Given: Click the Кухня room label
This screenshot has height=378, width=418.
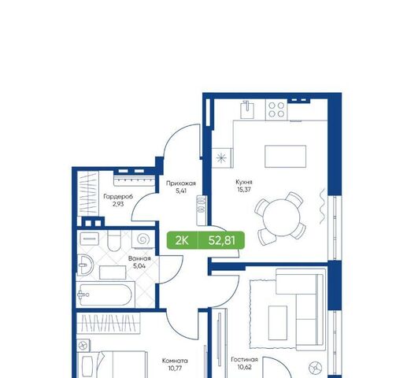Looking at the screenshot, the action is coord(244,182).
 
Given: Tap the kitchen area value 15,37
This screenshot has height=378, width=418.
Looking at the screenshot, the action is coord(244,190).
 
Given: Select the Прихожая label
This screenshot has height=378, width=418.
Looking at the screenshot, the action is coord(181,183).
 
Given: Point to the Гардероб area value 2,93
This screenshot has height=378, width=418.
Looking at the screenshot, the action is coord(118,204).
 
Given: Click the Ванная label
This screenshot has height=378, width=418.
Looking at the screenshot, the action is coord(139,258).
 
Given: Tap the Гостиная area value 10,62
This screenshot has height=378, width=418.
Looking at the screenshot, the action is coord(245,367).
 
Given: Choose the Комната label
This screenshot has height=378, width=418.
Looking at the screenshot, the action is coord(175,361).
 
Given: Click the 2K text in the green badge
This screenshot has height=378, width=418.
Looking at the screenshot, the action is coord(182,241).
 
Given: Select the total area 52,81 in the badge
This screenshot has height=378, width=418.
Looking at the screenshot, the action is coord(222,241).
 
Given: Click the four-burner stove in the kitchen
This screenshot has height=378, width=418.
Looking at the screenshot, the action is coord(276,109).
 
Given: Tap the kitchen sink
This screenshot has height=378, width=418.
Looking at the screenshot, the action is coord(247,109).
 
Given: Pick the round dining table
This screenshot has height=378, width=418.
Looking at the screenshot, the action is coord(282,217).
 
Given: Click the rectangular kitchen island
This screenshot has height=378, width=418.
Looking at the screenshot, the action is coord(285,157).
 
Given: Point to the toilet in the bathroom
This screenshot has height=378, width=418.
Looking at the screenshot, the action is coord(114,241).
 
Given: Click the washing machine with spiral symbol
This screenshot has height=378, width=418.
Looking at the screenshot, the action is coord(143,239).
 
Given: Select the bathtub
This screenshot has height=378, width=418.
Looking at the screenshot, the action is coord(105,295).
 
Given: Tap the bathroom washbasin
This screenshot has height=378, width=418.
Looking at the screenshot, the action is coord(84,265).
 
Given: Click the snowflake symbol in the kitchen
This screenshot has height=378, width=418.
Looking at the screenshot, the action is coord(221,158).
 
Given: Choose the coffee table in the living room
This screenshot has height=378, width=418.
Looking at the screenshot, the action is coord(278,323).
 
